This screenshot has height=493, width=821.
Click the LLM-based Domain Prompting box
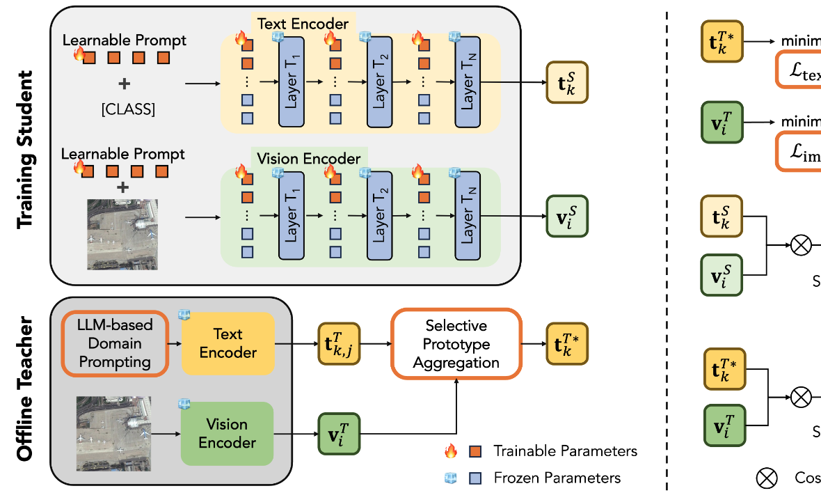(115, 343)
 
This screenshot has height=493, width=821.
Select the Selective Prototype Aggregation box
(456, 344)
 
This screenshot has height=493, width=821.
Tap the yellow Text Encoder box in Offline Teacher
(228, 343)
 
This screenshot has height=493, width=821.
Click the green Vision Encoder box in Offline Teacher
(227, 433)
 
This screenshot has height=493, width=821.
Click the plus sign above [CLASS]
(125, 84)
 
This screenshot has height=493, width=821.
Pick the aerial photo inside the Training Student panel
(122, 234)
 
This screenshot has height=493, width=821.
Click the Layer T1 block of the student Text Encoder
(292, 81)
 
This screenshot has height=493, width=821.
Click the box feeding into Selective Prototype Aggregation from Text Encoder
(338, 344)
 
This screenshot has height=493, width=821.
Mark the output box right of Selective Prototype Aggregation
(567, 344)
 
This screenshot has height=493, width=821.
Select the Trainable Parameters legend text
(565, 451)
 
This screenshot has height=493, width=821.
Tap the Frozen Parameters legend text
(557, 478)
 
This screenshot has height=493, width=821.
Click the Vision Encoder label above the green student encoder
(309, 158)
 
